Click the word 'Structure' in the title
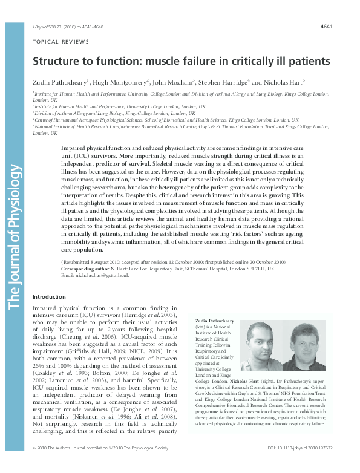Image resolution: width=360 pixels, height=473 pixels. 55,61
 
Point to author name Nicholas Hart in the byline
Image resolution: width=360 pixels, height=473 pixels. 284,82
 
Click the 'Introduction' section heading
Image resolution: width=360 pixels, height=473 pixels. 49,296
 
